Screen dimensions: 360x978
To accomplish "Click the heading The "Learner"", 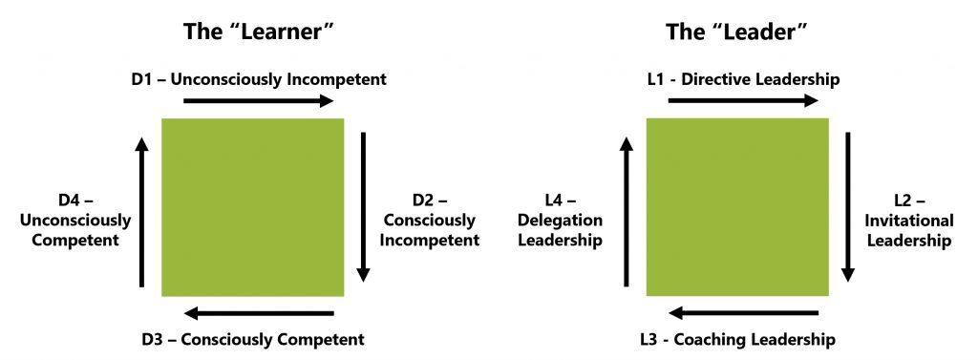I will [x=258, y=32].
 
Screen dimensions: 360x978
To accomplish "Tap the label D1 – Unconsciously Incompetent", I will [x=258, y=79].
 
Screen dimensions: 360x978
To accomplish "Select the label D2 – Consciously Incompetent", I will [x=430, y=221].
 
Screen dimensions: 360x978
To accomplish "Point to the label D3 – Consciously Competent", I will [x=252, y=339].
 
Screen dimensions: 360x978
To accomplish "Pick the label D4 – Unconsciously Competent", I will [x=81, y=221].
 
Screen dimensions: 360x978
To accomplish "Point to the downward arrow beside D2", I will [x=363, y=206].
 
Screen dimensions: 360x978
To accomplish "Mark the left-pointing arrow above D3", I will [x=259, y=313].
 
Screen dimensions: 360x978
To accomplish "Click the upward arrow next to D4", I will [x=142, y=211].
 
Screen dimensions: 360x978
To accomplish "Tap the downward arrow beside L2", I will [x=848, y=206].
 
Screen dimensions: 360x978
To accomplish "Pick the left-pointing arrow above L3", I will [x=742, y=313].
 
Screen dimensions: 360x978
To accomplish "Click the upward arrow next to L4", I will [x=627, y=211].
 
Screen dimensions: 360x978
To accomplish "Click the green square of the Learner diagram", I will [x=252, y=206].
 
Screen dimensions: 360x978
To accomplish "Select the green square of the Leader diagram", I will [x=737, y=206].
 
